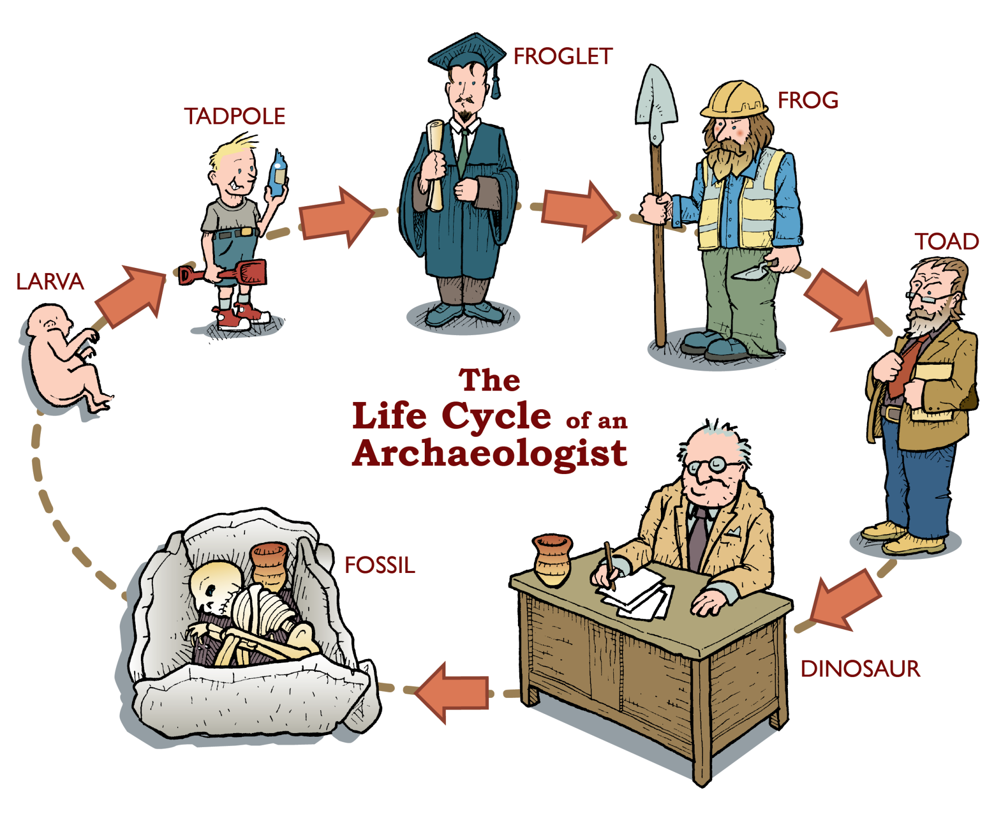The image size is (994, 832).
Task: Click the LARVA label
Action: pyautogui.click(x=50, y=282)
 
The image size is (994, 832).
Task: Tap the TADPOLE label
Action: pyautogui.click(x=235, y=117)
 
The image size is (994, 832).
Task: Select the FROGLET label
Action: pyautogui.click(x=563, y=56)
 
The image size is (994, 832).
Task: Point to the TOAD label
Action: pyautogui.click(x=946, y=241)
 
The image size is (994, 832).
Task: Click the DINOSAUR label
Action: pyautogui.click(x=860, y=669)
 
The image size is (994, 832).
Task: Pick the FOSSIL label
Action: pyautogui.click(x=380, y=565)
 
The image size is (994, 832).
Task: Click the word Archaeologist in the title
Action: pyautogui.click(x=489, y=454)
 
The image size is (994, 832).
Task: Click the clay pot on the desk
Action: pyautogui.click(x=552, y=560)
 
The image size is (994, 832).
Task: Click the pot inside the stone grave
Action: pyautogui.click(x=268, y=565)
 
